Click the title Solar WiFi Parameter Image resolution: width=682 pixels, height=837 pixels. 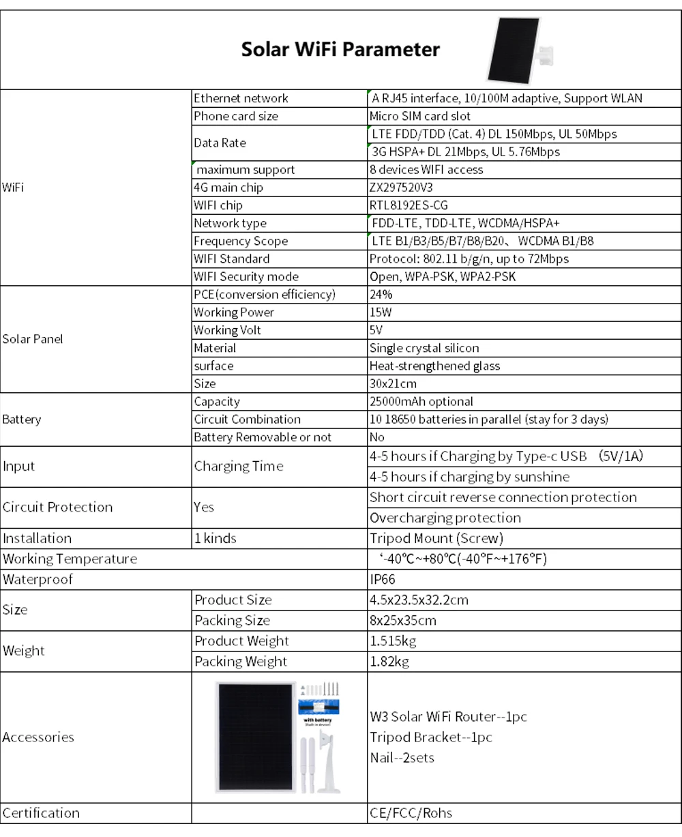click(x=340, y=50)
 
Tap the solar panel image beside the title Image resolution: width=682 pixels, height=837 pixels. click(x=513, y=50)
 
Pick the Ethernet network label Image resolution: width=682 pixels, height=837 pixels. click(x=241, y=99)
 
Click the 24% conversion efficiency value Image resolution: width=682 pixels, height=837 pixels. click(x=381, y=295)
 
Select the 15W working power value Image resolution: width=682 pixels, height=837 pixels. click(x=381, y=312)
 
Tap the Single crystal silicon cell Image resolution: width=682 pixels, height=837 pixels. click(x=424, y=348)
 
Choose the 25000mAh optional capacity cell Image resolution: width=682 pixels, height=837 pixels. click(x=421, y=402)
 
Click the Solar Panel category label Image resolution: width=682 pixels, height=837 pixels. click(x=33, y=339)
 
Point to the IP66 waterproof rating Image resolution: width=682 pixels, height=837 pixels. click(x=383, y=580)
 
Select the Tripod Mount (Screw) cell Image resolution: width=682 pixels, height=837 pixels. click(x=436, y=538)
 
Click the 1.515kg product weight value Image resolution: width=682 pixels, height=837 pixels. click(x=393, y=641)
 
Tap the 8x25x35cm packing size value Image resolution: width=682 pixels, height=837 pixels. click(x=403, y=621)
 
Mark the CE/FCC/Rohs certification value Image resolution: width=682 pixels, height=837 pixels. click(x=411, y=813)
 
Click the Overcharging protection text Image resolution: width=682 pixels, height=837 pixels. click(x=445, y=518)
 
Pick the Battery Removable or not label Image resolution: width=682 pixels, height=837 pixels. click(x=263, y=437)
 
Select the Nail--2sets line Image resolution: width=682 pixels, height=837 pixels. click(x=402, y=758)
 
